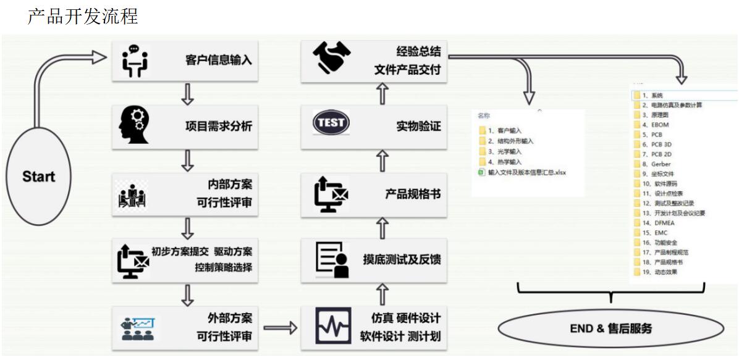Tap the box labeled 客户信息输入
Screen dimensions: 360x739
[x=185, y=60]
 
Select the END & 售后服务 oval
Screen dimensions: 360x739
[x=610, y=329]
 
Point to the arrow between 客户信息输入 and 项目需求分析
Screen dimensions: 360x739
[x=185, y=93]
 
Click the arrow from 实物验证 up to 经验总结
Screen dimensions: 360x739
[x=383, y=93]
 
